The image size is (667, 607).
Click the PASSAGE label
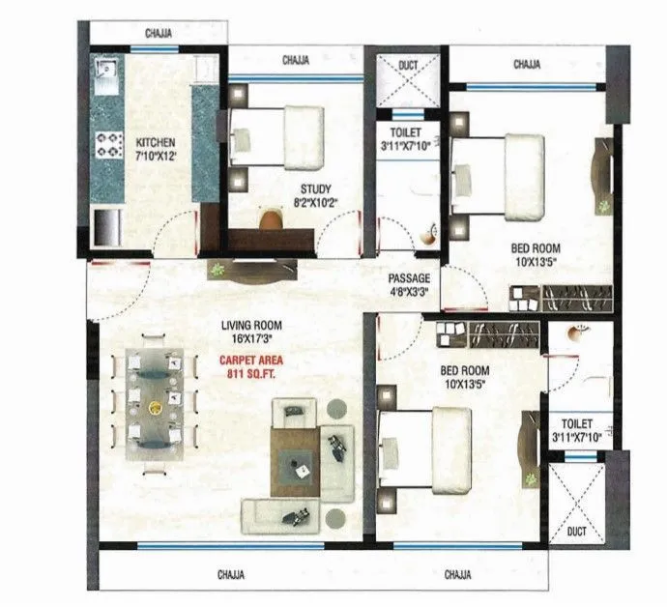coord(409,276)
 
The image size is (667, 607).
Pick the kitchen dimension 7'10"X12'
coord(155,156)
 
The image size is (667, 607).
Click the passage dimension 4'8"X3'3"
coord(409,289)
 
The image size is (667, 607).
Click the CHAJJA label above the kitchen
coord(159,34)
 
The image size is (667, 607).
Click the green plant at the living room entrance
coord(218,269)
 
